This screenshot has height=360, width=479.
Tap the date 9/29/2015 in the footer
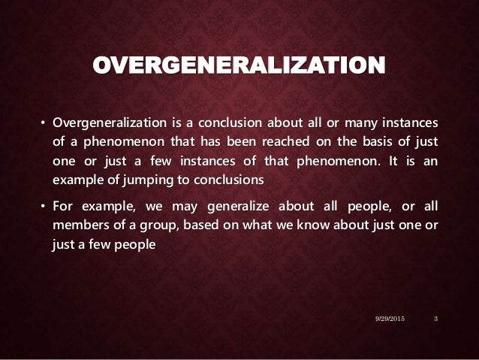click(x=390, y=320)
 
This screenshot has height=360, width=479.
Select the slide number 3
click(x=436, y=320)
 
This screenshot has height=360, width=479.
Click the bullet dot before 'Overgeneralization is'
click(x=43, y=123)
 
